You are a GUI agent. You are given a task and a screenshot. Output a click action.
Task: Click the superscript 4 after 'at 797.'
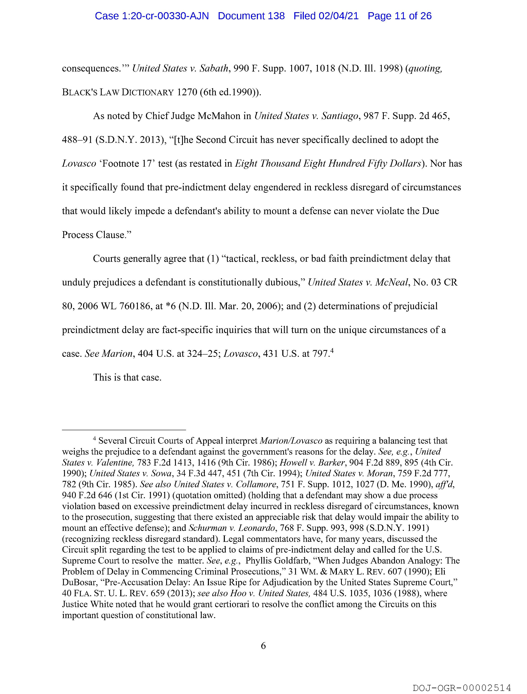331,352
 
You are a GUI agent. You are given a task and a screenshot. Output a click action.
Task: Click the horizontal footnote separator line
124,430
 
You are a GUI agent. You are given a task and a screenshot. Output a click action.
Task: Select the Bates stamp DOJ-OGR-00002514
462,688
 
